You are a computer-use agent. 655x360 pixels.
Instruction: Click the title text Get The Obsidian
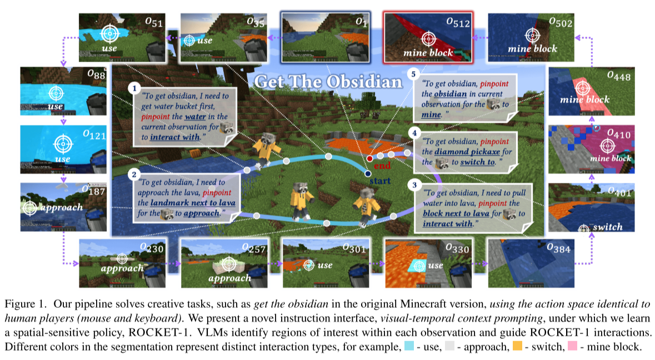(x=328, y=82)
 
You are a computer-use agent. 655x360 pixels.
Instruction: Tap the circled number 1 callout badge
(x=133, y=88)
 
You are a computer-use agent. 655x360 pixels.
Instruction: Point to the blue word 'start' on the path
(x=379, y=181)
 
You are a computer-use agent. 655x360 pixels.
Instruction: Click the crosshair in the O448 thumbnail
(x=582, y=88)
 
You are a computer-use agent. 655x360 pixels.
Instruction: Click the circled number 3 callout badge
(x=412, y=183)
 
